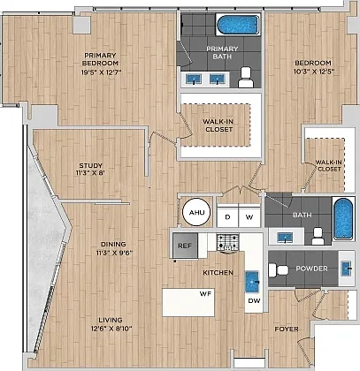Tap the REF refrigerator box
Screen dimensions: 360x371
pyautogui.click(x=185, y=246)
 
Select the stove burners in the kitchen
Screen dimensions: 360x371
pyautogui.click(x=227, y=242)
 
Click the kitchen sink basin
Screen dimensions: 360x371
pyautogui.click(x=252, y=282)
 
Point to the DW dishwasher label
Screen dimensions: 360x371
pyautogui.click(x=254, y=300)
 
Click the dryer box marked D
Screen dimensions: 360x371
pyautogui.click(x=227, y=216)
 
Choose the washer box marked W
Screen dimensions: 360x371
pyautogui.click(x=249, y=216)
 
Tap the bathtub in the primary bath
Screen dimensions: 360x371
pyautogui.click(x=238, y=25)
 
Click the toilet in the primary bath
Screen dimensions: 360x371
pyautogui.click(x=246, y=78)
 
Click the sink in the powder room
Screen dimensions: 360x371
pyautogui.click(x=347, y=269)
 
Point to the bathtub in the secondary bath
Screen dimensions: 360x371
pyautogui.click(x=343, y=218)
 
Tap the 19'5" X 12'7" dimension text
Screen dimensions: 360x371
pyautogui.click(x=102, y=72)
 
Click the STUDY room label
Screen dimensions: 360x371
pyautogui.click(x=91, y=165)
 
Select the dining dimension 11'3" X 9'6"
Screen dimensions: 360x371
pyautogui.click(x=114, y=253)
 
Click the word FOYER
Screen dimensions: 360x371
pyautogui.click(x=287, y=329)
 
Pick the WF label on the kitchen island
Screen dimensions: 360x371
pyautogui.click(x=205, y=293)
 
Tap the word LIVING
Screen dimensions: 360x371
pyautogui.click(x=111, y=320)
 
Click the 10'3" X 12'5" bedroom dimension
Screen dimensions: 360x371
pyautogui.click(x=314, y=72)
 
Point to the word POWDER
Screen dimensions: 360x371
pyautogui.click(x=311, y=269)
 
